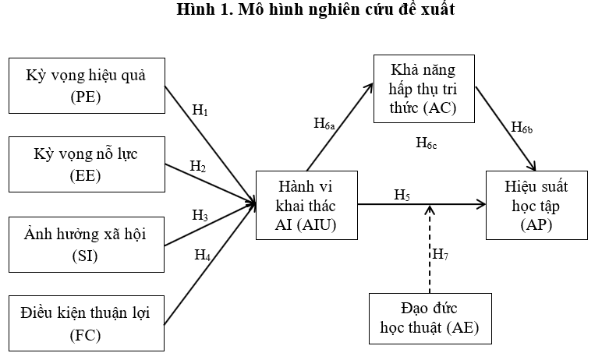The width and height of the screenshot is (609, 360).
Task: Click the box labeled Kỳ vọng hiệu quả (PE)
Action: pyautogui.click(x=87, y=86)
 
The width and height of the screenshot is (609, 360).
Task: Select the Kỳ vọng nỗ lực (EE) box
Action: pyautogui.click(x=87, y=164)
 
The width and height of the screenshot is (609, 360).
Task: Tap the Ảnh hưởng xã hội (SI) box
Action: pyautogui.click(x=87, y=245)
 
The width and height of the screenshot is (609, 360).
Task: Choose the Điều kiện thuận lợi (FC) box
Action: pyautogui.click(x=87, y=323)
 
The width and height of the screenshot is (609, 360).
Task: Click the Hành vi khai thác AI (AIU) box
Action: pyautogui.click(x=306, y=205)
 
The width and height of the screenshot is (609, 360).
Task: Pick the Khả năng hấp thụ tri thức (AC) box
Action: pyautogui.click(x=424, y=89)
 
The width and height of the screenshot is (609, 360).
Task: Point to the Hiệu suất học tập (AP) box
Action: pyautogui.click(x=536, y=205)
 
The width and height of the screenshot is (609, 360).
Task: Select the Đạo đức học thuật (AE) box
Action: pyautogui.click(x=430, y=319)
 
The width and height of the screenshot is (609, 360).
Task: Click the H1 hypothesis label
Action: pyautogui.click(x=200, y=111)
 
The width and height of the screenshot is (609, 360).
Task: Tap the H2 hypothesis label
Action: pyautogui.click(x=198, y=167)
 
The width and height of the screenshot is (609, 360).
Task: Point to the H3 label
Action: pyautogui.click(x=200, y=215)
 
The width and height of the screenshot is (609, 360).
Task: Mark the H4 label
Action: pyautogui.click(x=203, y=256)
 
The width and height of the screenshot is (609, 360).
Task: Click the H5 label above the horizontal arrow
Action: pyautogui.click(x=402, y=195)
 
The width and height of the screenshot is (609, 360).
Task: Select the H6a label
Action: pyautogui.click(x=324, y=124)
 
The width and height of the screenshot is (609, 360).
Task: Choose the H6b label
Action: pyautogui.click(x=522, y=128)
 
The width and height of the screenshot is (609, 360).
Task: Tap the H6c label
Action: pyautogui.click(x=427, y=143)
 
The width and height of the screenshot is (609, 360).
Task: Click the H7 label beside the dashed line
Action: pyautogui.click(x=441, y=255)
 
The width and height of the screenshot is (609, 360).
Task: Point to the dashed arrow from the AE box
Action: pyautogui.click(x=430, y=249)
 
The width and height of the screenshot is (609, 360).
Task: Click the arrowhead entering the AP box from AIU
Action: pyautogui.click(x=481, y=204)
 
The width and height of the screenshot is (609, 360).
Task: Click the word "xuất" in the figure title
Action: pyautogui.click(x=437, y=9)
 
